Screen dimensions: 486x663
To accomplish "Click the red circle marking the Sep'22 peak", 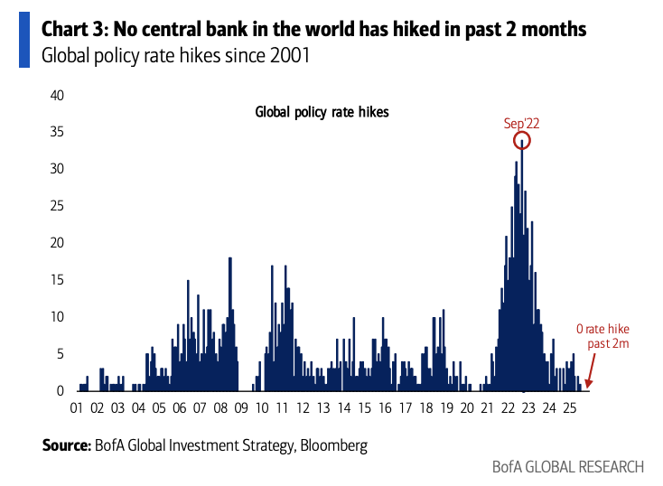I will (521, 141).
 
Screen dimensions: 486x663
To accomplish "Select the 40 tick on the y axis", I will (57, 95).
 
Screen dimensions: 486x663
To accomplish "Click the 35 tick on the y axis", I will (57, 132).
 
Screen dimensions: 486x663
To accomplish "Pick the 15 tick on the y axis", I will (57, 280).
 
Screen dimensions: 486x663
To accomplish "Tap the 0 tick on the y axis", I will (61, 391).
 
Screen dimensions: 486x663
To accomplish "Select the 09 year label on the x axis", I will (241, 408).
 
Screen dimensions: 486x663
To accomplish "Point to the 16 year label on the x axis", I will (385, 408).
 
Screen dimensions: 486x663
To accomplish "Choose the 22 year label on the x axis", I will (508, 408).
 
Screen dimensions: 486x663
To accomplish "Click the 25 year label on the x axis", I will (569, 408).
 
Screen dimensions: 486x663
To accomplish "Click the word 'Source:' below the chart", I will (66, 445).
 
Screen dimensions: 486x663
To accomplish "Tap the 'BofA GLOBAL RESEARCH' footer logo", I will (568, 467).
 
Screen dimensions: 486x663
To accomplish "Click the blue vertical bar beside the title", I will (24, 42).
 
